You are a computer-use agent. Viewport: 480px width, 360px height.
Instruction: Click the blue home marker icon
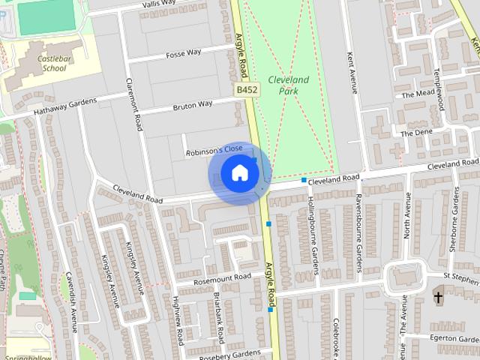coord(239,173)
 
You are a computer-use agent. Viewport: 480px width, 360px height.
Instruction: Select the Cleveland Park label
coord(289,85)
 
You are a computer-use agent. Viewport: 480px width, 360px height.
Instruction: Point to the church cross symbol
coord(438,298)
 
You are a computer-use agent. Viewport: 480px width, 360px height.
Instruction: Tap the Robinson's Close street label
coord(214,152)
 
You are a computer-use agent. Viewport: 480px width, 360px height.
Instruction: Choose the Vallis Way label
coord(158,4)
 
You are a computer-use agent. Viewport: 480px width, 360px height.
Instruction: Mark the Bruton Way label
coord(192,106)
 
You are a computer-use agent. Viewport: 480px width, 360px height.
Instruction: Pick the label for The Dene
coord(416,133)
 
